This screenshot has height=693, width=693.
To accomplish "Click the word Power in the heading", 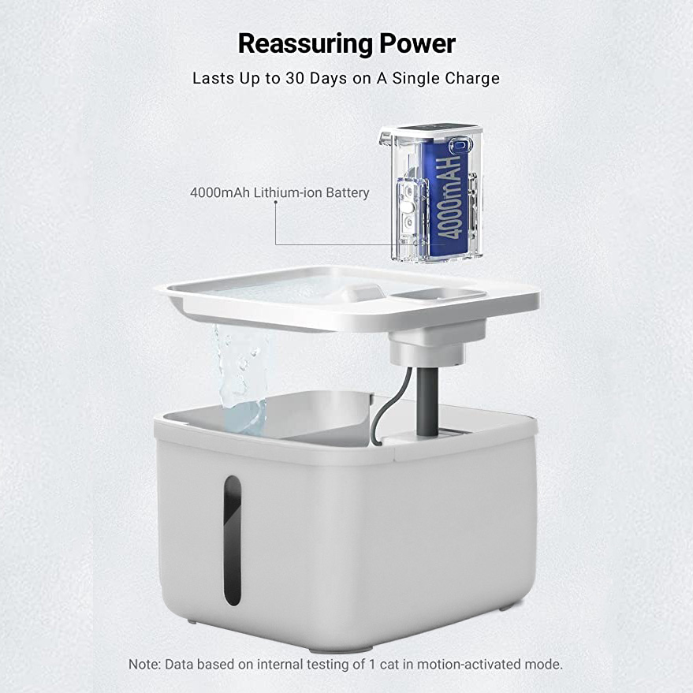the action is click(x=417, y=43).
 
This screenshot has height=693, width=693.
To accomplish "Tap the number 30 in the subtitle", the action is click(x=294, y=78).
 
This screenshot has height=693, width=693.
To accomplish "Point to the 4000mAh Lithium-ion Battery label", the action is click(x=279, y=192).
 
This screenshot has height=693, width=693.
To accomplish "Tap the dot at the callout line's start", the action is click(x=275, y=203).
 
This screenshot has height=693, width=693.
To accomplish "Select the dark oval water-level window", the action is click(x=233, y=540).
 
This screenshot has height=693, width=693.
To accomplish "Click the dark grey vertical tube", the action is click(x=427, y=401).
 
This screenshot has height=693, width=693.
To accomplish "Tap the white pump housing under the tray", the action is click(x=435, y=345).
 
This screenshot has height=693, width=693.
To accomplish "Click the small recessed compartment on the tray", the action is click(x=438, y=293).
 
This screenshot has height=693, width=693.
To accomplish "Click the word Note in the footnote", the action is click(x=143, y=664).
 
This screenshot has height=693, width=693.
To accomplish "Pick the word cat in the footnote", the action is click(x=388, y=665).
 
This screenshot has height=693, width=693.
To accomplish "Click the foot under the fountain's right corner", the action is click(x=507, y=608).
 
